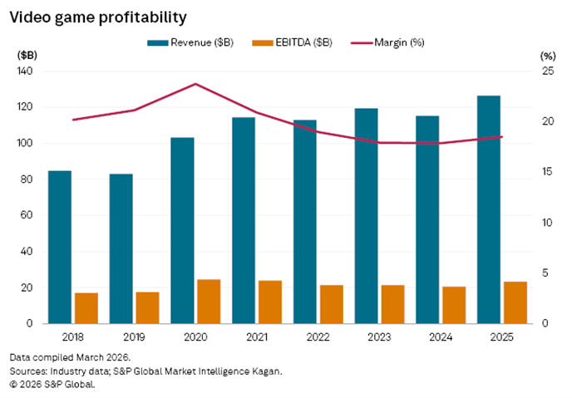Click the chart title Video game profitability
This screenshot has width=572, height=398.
coord(98,17)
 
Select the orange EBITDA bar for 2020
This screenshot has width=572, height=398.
coord(209,301)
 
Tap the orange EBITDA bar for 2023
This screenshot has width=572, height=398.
coord(392,304)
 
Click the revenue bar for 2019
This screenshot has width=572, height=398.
coord(121,248)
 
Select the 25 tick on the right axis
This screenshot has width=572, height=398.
coord(546,71)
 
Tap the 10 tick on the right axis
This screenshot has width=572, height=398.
coord(546,223)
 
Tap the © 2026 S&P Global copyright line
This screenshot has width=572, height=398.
coord(54,384)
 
